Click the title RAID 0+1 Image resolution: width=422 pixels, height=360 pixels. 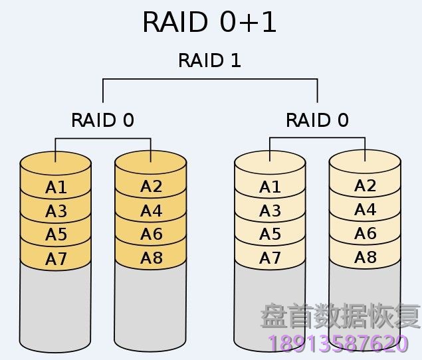(x=210, y=23)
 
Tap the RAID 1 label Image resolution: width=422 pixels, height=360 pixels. (x=210, y=60)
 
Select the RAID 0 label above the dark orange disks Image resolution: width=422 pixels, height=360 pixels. (x=102, y=120)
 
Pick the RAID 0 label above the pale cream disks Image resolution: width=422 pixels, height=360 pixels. (x=317, y=120)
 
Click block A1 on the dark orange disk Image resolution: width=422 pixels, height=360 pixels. (x=56, y=188)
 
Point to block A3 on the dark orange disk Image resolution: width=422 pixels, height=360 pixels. (x=56, y=212)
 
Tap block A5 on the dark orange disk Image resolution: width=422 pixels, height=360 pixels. (x=56, y=235)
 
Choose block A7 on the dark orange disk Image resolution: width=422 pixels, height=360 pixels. (x=56, y=259)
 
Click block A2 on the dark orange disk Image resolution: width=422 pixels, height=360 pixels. (x=151, y=187)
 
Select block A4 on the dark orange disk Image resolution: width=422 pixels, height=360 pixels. (x=151, y=211)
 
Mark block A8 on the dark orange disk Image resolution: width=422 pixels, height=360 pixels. (x=151, y=258)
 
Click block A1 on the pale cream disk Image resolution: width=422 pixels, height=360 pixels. (x=270, y=188)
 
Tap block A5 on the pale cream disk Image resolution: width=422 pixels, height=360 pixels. (x=270, y=235)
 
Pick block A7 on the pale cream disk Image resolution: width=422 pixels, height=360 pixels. (x=270, y=259)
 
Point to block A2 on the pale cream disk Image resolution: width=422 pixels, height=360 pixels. (x=365, y=186)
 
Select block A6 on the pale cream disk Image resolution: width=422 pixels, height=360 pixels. (x=365, y=234)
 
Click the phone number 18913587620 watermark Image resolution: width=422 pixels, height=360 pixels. (x=338, y=343)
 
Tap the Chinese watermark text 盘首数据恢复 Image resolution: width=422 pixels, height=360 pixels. (x=340, y=315)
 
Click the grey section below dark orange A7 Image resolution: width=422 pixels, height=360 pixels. (x=56, y=306)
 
